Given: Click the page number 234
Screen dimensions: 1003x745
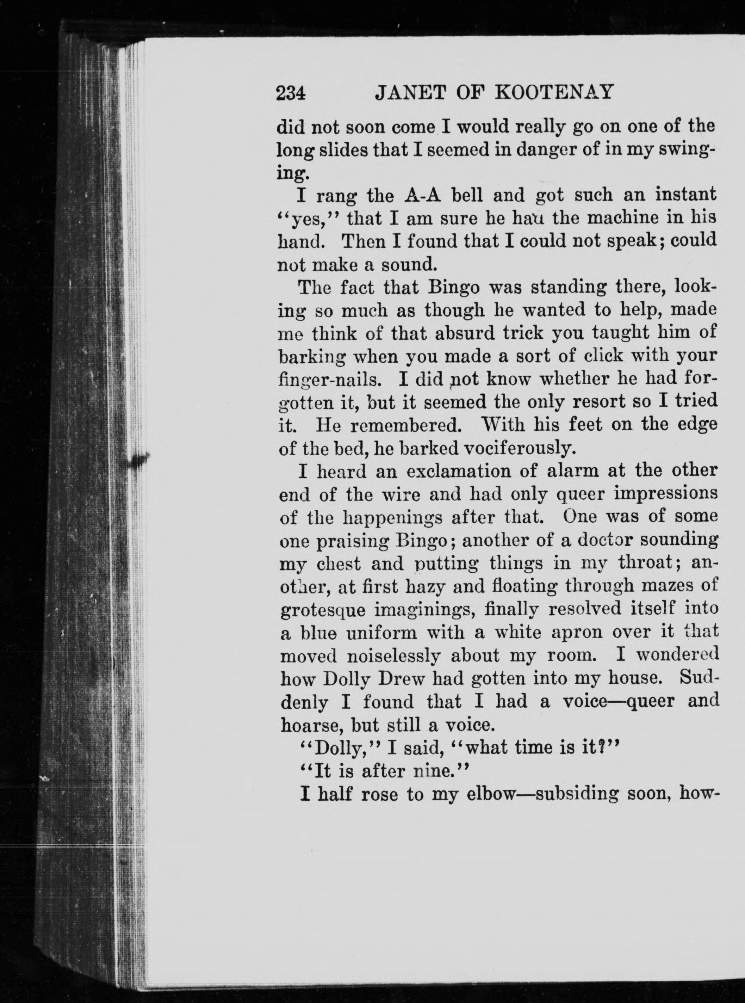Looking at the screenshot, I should [291, 93].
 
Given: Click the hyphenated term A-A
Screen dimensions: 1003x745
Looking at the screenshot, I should [425, 195].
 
